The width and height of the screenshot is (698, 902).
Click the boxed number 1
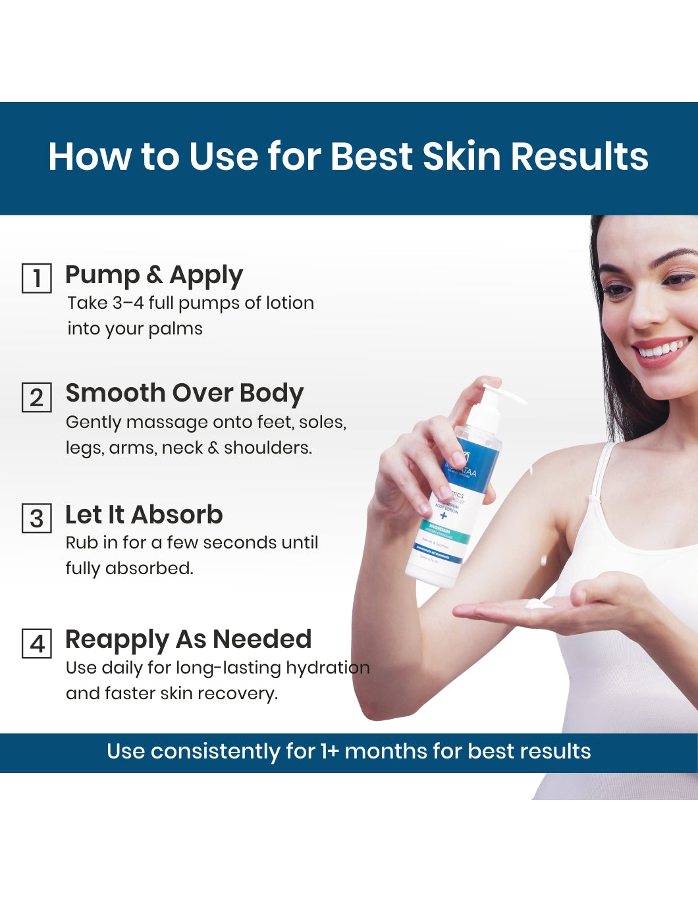click(x=37, y=278)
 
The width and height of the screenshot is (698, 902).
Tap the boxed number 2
click(x=37, y=397)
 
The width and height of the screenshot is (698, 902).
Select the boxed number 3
click(x=37, y=518)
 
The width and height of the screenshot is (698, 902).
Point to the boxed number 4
click(x=37, y=643)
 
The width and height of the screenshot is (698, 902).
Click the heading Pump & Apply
click(x=154, y=275)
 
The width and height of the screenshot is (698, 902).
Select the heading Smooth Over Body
click(x=184, y=393)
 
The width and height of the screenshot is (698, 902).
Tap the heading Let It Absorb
click(x=144, y=515)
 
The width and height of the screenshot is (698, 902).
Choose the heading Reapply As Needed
click(x=188, y=639)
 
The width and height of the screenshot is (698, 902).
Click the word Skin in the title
click(x=462, y=157)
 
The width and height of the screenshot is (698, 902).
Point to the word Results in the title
click(x=579, y=157)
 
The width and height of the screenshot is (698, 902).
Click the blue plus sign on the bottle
click(x=443, y=515)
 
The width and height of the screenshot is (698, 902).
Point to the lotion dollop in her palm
click(x=539, y=603)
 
